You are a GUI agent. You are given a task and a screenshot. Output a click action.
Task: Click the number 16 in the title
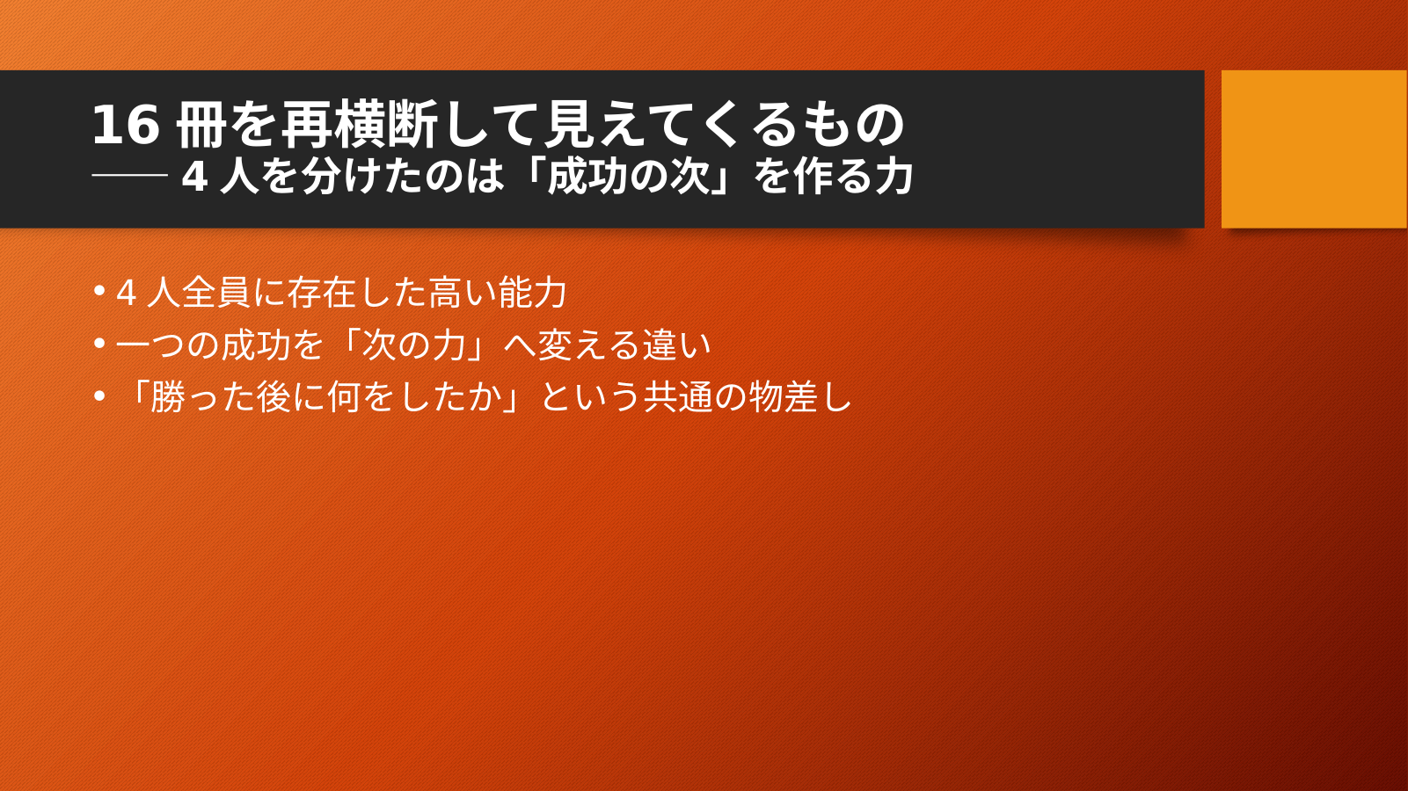pos(125,125)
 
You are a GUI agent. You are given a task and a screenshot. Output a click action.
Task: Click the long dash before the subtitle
pos(129,175)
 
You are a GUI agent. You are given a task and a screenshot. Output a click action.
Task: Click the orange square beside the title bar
pos(1315,149)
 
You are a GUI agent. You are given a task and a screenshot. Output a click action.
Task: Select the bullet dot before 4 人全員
pos(98,291)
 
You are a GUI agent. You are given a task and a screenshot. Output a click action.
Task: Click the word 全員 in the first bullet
pos(217,293)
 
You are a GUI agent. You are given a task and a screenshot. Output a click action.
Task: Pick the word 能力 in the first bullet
pos(532,293)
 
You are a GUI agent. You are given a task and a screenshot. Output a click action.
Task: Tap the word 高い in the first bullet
pos(462,293)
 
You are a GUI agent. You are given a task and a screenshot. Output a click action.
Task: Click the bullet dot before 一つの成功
pos(98,344)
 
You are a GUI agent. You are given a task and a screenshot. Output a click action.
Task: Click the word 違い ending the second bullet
pos(676,345)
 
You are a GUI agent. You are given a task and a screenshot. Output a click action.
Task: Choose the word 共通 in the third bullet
pos(677,398)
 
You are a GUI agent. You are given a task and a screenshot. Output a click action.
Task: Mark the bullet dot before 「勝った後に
pos(98,396)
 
